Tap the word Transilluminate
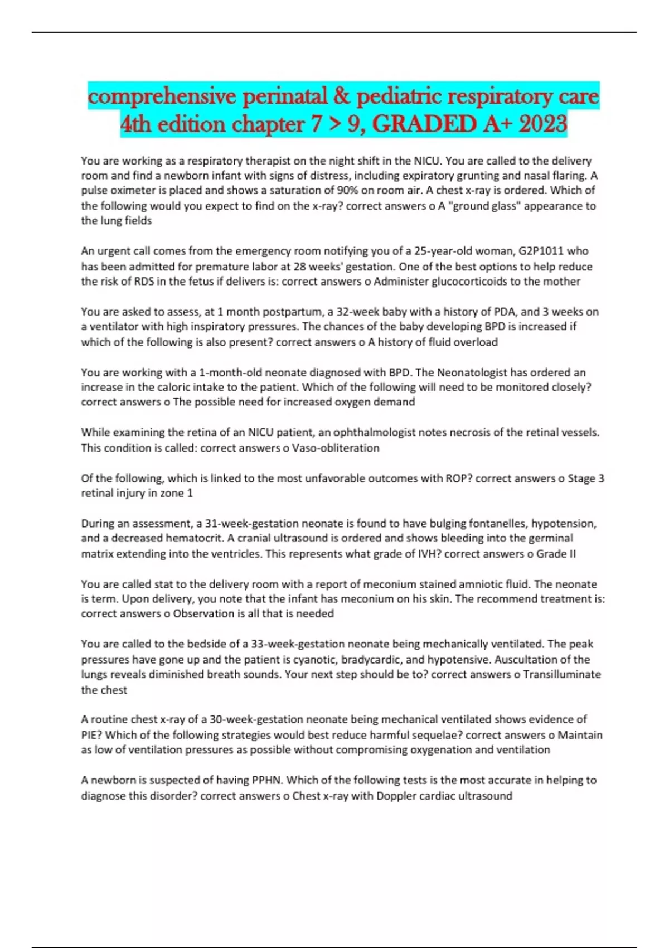pos(562,675)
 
